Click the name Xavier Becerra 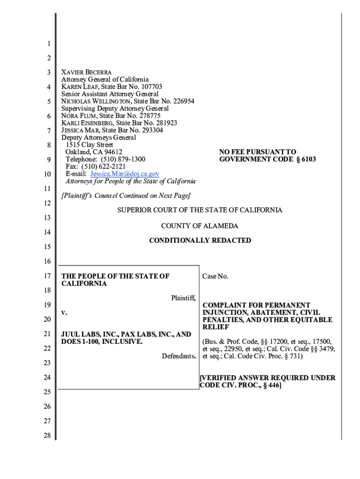[86, 73]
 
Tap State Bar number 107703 [147, 87]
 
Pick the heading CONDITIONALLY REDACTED [200, 240]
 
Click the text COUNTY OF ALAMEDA [200, 226]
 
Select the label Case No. [215, 276]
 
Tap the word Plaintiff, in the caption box [183, 298]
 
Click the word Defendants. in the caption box [179, 356]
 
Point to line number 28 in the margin [48, 435]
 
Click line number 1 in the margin [48, 44]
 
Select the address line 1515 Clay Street [89, 145]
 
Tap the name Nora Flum [79, 116]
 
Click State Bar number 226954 [177, 102]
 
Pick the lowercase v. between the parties [64, 312]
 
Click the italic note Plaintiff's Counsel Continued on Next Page [126, 196]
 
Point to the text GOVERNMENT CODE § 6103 [267, 160]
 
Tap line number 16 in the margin [48, 261]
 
